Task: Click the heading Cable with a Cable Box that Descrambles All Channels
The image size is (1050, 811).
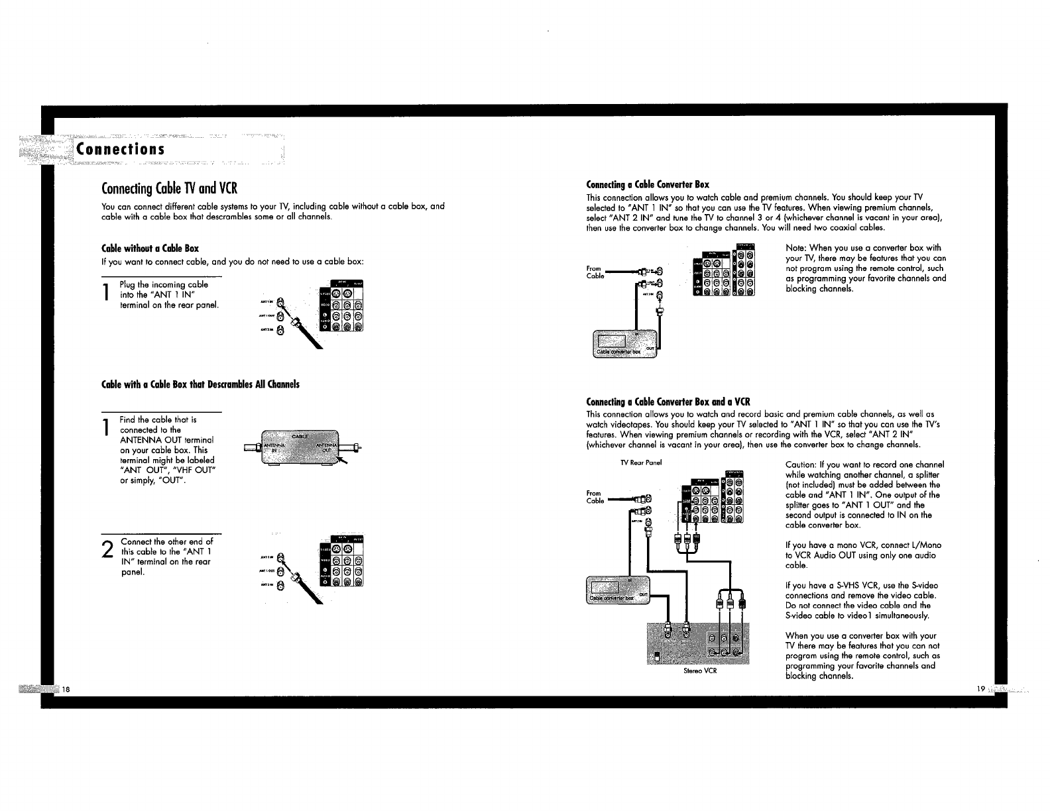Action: pos(200,384)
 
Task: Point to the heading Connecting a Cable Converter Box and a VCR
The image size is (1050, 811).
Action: pos(668,402)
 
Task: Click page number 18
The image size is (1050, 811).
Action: pos(66,689)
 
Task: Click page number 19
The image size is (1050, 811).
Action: pos(981,689)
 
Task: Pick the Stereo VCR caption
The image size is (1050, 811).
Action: pos(700,671)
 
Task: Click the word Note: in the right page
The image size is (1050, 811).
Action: pos(795,248)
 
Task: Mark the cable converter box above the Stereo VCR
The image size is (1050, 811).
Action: pos(618,590)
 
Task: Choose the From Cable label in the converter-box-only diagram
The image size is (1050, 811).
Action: pos(595,272)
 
